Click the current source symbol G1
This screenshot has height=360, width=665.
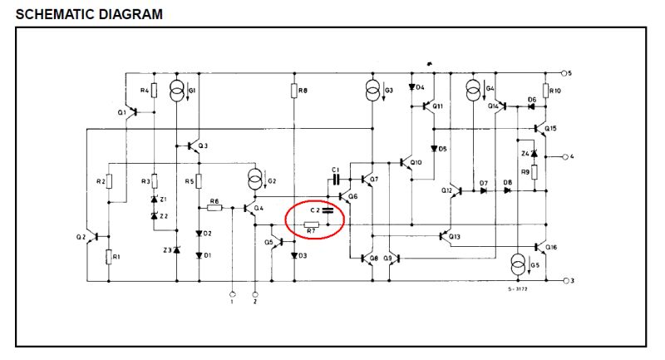[x=176, y=89]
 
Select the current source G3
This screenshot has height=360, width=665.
[x=373, y=89]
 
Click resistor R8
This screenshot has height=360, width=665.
[x=295, y=90]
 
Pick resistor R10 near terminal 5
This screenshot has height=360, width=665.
[x=545, y=90]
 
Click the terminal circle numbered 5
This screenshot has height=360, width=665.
[x=565, y=73]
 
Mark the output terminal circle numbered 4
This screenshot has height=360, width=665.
[x=565, y=156]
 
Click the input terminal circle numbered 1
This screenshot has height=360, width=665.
[x=233, y=294]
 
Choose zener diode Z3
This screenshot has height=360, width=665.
[x=176, y=249]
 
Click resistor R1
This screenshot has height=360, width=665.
[x=109, y=257]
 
